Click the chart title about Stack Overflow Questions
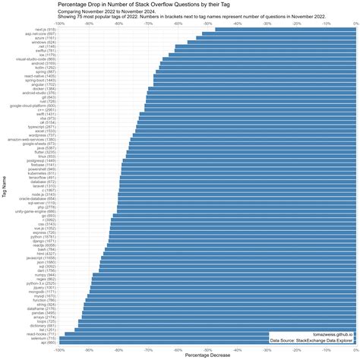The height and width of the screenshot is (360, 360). (x=140, y=5)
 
